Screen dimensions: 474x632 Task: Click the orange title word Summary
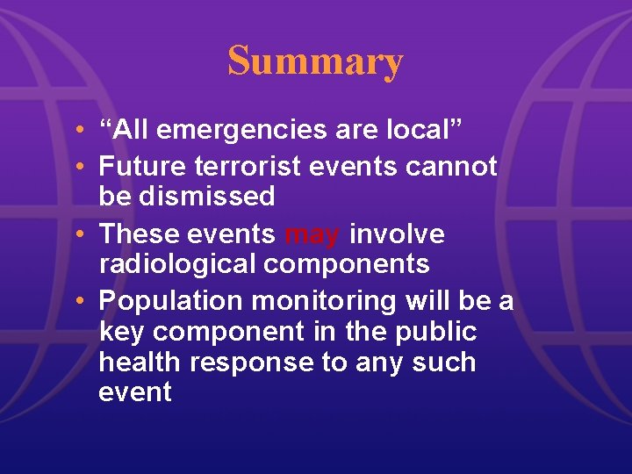click(x=315, y=61)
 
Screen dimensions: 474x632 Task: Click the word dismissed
click(x=187, y=196)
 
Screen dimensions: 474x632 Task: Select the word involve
click(x=397, y=234)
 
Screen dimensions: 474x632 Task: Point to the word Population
click(x=170, y=302)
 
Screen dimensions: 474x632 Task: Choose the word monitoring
click(x=325, y=302)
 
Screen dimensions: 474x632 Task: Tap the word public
click(x=436, y=332)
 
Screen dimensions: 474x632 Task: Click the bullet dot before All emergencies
click(x=80, y=131)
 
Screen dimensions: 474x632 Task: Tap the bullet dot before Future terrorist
click(x=80, y=166)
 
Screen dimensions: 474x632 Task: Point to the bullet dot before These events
click(x=80, y=234)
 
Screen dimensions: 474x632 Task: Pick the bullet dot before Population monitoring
click(x=80, y=302)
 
